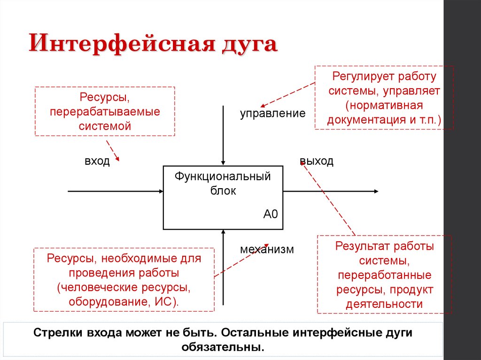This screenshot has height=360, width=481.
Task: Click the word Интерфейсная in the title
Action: [117, 46]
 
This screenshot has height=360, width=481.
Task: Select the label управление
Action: [273, 114]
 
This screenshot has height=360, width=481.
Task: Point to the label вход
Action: [97, 161]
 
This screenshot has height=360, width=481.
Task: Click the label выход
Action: [317, 161]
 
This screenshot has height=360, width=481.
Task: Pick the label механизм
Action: [267, 249]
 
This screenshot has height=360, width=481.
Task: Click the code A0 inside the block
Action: [271, 214]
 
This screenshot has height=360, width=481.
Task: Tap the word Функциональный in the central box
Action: [223, 177]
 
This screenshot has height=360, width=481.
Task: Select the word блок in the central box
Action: [223, 191]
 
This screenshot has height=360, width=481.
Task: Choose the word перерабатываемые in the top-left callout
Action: [105, 113]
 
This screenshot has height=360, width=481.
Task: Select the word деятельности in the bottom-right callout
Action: [384, 304]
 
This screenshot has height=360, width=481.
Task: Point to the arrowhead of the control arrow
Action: [223, 162]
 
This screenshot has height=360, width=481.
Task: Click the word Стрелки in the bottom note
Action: [59, 333]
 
